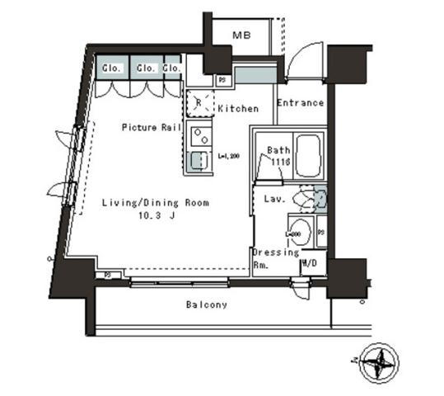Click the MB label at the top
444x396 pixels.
click(241, 35)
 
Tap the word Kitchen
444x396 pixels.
click(237, 109)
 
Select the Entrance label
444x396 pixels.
click(299, 103)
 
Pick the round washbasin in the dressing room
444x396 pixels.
click(300, 232)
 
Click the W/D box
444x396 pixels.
click(311, 265)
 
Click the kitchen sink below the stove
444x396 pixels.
click(198, 162)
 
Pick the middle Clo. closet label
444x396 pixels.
click(146, 68)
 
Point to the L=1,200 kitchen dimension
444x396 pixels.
click(227, 154)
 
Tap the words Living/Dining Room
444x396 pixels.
click(155, 202)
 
